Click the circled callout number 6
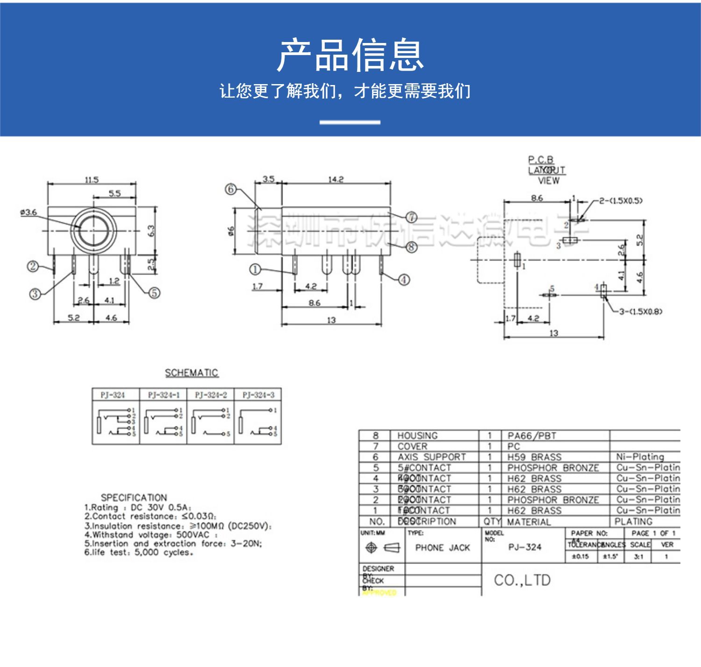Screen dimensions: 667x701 click(x=231, y=190)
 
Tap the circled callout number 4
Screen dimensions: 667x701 click(x=404, y=280)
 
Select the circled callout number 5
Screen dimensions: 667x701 click(x=154, y=293)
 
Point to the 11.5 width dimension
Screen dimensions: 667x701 click(x=92, y=180)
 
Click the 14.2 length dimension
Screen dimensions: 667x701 click(x=336, y=179)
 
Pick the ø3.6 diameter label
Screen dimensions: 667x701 click(x=29, y=213)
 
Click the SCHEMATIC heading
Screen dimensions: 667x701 click(x=192, y=373)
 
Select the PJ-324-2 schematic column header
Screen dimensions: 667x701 click(x=211, y=395)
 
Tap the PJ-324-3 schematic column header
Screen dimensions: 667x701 click(x=258, y=395)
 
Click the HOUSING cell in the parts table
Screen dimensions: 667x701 click(x=417, y=436)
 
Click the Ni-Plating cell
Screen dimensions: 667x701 click(x=640, y=457)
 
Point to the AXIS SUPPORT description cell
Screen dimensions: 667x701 click(x=431, y=457)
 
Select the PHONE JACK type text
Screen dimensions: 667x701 click(x=443, y=548)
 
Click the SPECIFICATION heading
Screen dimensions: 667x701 click(x=134, y=497)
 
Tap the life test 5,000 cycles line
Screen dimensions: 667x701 click(x=139, y=553)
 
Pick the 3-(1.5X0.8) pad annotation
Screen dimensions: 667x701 click(x=641, y=312)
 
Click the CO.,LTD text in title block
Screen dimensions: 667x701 click(x=522, y=580)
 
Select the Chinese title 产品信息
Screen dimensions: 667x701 click(x=350, y=55)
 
